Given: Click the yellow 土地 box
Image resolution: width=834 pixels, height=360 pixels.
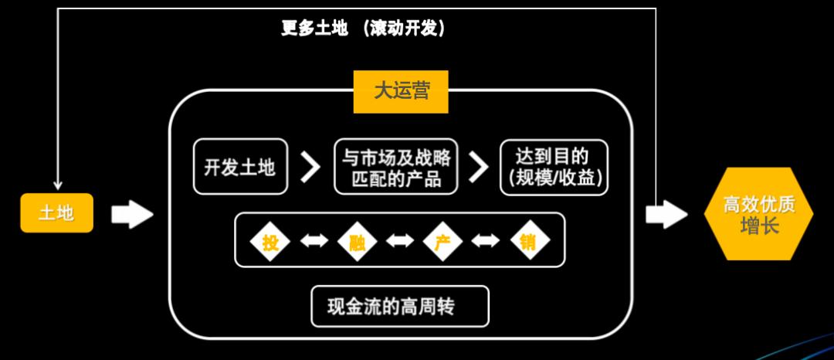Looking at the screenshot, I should (56, 212).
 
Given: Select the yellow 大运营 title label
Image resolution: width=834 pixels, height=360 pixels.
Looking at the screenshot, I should (401, 92).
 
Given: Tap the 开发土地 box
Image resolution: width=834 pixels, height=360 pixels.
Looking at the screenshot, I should (239, 167).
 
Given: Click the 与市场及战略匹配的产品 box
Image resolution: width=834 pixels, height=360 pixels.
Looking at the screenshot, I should (396, 167).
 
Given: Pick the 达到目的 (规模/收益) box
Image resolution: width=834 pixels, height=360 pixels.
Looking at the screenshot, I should (554, 167).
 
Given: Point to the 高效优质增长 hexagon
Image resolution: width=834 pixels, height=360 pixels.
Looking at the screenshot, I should (758, 214).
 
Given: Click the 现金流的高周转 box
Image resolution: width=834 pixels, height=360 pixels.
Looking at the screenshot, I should (400, 307).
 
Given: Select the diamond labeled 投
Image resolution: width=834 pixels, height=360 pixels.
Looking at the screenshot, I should (270, 243).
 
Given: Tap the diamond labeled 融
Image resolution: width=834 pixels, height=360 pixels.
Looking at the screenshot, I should (358, 243).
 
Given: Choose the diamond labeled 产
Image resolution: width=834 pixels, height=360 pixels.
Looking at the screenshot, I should (442, 243).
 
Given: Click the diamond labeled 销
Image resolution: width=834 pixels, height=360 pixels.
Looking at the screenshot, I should (530, 243).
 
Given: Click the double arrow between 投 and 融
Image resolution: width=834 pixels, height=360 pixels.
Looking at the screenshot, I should (314, 243).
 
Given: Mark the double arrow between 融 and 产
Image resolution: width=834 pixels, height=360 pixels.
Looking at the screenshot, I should (400, 243).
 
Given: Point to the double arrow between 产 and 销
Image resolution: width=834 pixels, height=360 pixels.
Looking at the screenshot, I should (486, 243).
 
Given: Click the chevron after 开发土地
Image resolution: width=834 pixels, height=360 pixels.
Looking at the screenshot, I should (310, 167).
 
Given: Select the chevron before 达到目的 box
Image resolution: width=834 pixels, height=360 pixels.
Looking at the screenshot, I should (480, 167).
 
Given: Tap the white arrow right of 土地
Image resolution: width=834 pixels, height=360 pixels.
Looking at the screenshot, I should (132, 214).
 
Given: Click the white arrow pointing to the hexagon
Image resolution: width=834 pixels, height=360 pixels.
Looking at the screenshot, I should (666, 214).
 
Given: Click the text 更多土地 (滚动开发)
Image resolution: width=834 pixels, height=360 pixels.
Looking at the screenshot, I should (364, 29).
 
